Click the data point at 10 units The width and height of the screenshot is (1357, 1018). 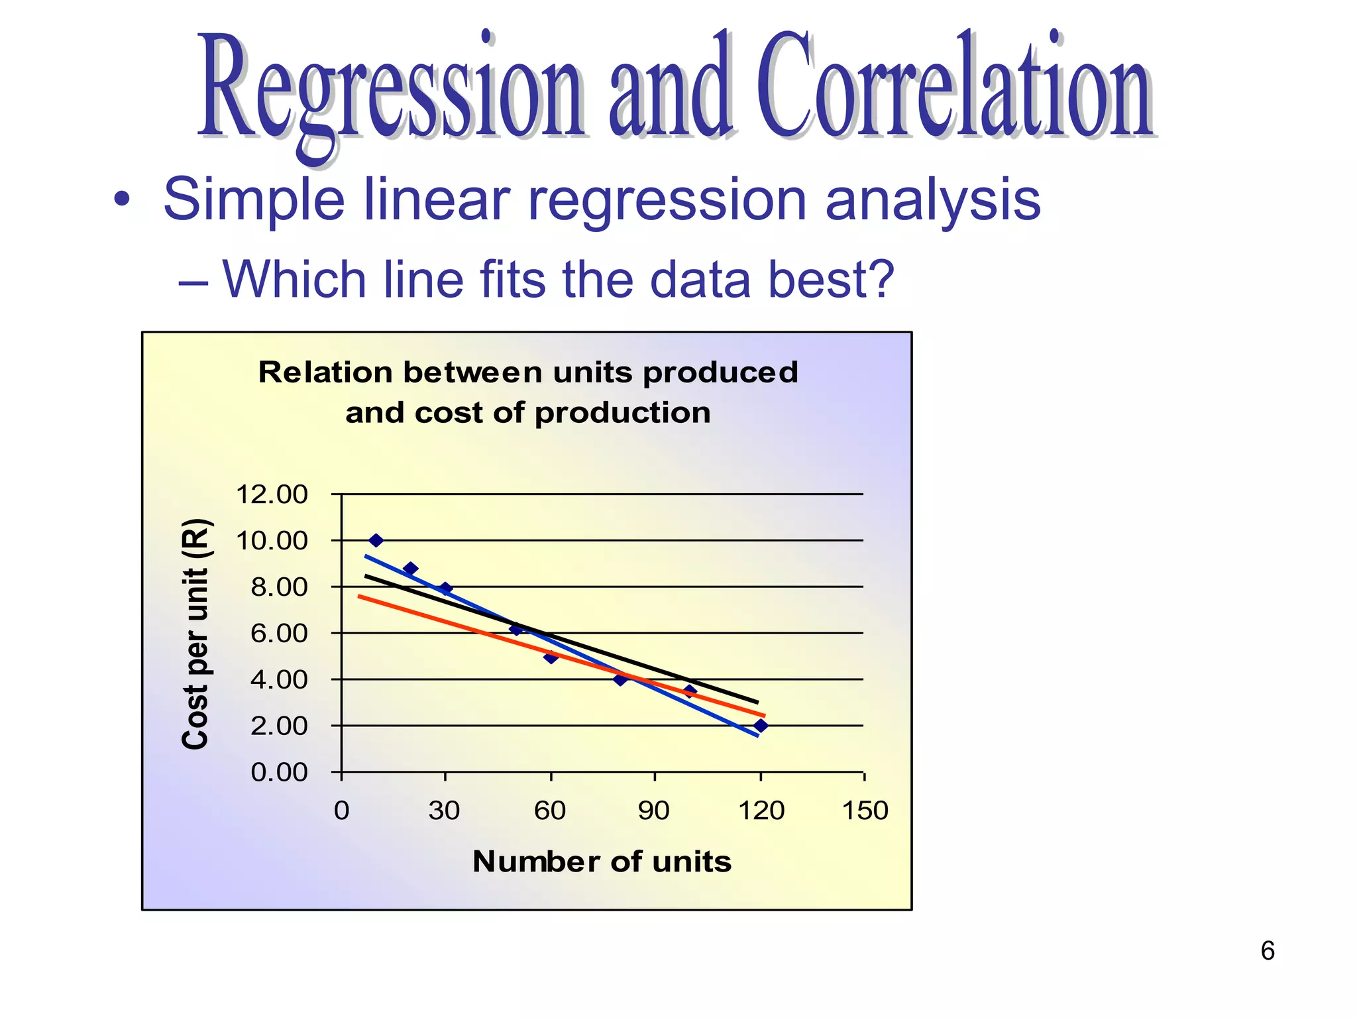(376, 540)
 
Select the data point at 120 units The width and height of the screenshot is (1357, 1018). (761, 726)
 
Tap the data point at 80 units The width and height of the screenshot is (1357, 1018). (620, 679)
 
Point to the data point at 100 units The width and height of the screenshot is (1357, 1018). (690, 691)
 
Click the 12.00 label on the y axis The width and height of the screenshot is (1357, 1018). (272, 494)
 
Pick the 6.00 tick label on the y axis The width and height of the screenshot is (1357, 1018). (279, 634)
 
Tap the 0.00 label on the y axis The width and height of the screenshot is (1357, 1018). (279, 773)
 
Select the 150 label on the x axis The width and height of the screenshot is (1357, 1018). (865, 811)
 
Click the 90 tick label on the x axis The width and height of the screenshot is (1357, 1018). (654, 811)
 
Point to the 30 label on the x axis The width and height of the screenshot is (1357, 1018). (444, 811)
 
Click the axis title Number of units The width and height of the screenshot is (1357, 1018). (602, 862)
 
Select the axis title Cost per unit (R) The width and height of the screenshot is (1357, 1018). (195, 634)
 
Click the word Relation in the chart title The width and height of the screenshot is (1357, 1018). (325, 372)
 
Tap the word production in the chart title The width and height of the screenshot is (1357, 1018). (622, 413)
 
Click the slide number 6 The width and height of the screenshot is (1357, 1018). (1267, 951)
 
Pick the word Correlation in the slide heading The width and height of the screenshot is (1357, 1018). (954, 86)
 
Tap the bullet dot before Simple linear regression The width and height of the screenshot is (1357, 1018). (121, 199)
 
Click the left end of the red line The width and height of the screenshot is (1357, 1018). (360, 596)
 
